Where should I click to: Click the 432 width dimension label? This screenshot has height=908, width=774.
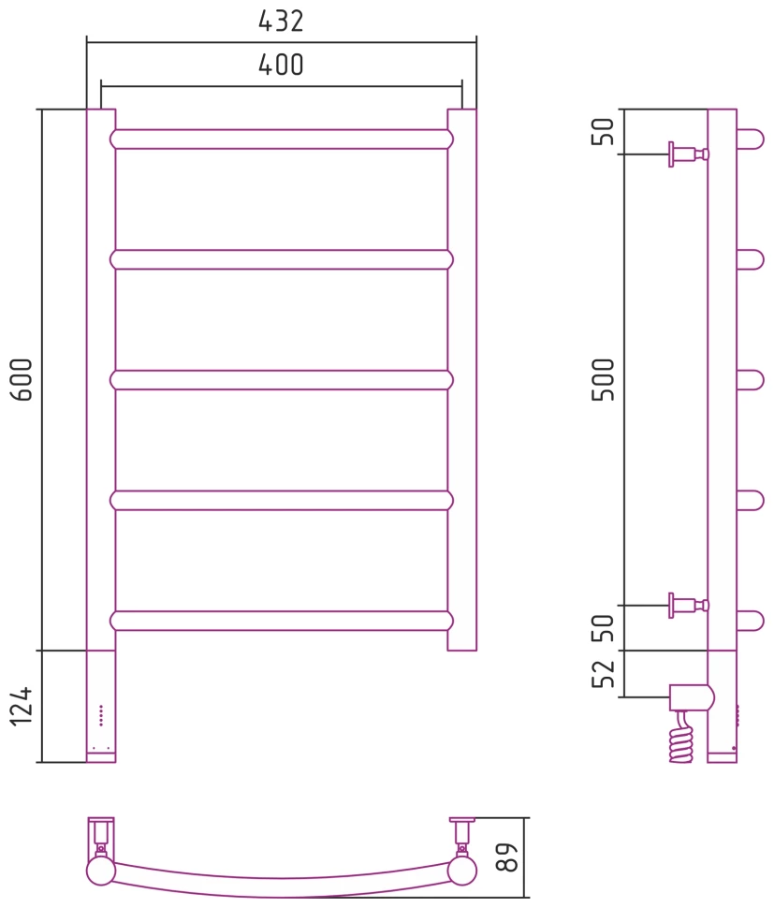pyautogui.click(x=281, y=22)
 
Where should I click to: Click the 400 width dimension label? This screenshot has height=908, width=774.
pyautogui.click(x=281, y=66)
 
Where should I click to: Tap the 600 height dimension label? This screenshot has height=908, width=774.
pyautogui.click(x=22, y=379)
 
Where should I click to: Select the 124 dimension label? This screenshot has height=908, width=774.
pyautogui.click(x=22, y=707)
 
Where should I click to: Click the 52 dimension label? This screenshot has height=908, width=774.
pyautogui.click(x=606, y=674)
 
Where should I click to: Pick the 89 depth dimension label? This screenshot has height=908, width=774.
pyautogui.click(x=506, y=857)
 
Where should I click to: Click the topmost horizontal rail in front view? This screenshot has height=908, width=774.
pyautogui.click(x=281, y=139)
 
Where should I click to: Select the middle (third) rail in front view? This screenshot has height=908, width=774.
pyautogui.click(x=281, y=380)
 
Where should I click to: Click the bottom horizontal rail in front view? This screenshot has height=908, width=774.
pyautogui.click(x=281, y=621)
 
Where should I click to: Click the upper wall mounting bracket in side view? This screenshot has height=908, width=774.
pyautogui.click(x=687, y=154)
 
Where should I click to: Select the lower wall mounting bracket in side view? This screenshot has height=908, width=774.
pyautogui.click(x=687, y=605)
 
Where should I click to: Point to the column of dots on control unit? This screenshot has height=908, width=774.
pyautogui.click(x=100, y=716)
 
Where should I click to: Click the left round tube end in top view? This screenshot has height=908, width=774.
pyautogui.click(x=100, y=871)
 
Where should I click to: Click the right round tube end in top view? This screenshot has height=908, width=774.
pyautogui.click(x=461, y=871)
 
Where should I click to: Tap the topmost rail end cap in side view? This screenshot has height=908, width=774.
pyautogui.click(x=750, y=139)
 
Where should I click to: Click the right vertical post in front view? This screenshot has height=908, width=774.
pyautogui.click(x=461, y=379)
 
